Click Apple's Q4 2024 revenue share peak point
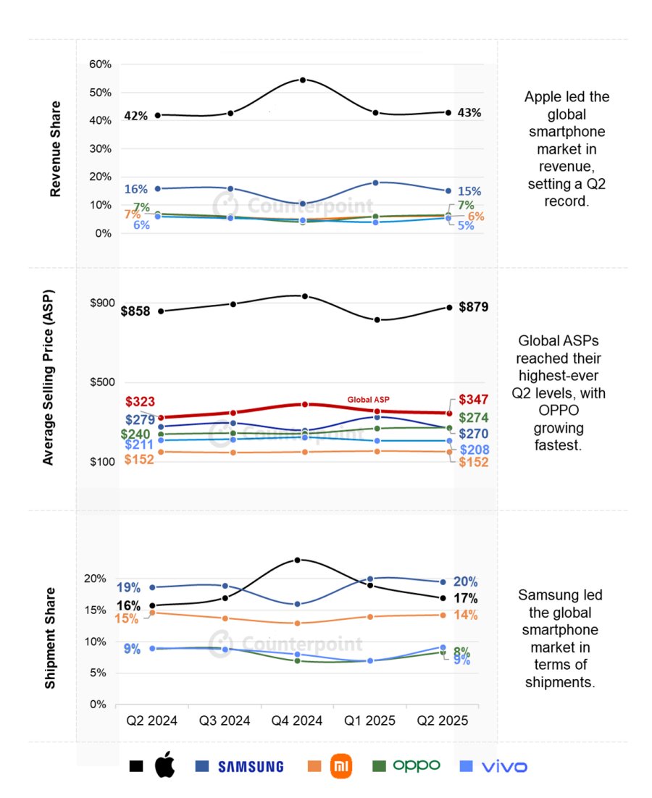(x=303, y=80)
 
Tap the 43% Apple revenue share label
(x=469, y=113)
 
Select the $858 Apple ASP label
(x=135, y=311)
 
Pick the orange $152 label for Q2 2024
(x=139, y=459)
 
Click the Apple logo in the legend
(x=165, y=765)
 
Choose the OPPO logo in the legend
(x=416, y=765)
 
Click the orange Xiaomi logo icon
(x=340, y=765)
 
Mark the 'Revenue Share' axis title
(x=55, y=148)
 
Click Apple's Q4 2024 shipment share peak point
(x=298, y=560)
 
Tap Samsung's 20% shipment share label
(x=465, y=581)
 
